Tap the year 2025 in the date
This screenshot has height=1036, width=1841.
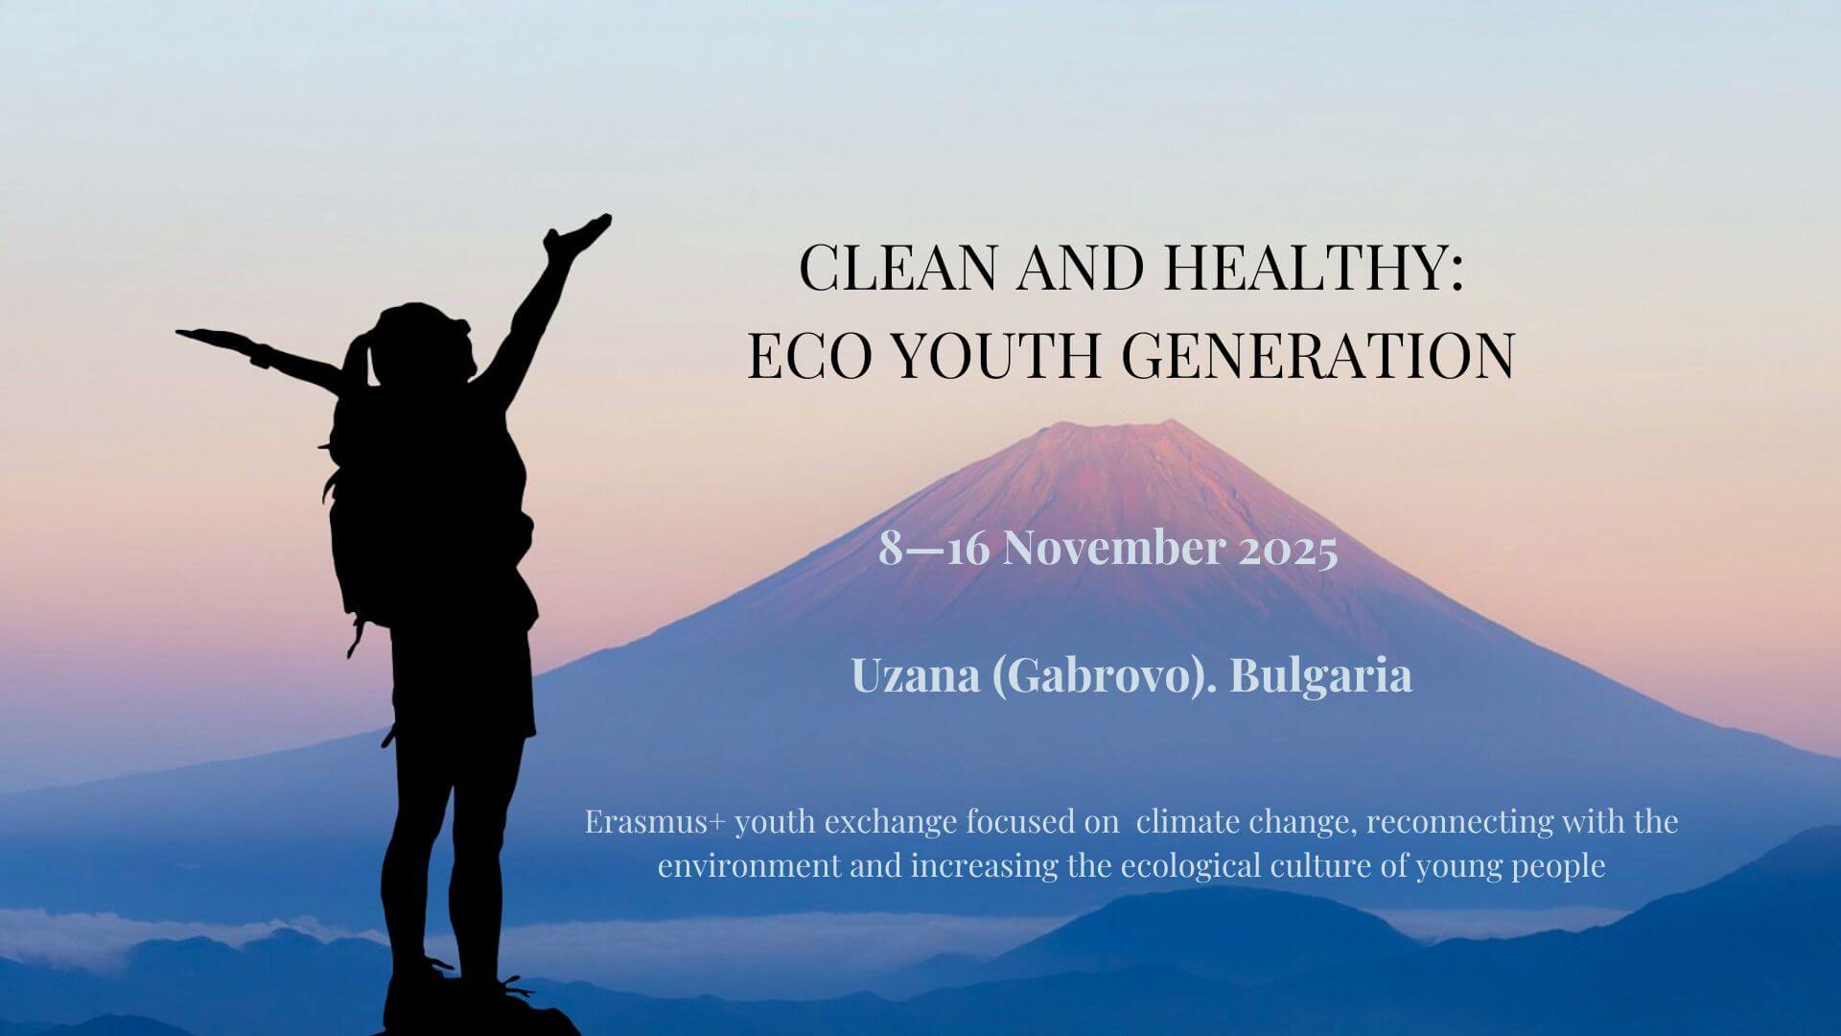(1288, 550)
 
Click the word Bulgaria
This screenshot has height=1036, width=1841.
(1321, 676)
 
